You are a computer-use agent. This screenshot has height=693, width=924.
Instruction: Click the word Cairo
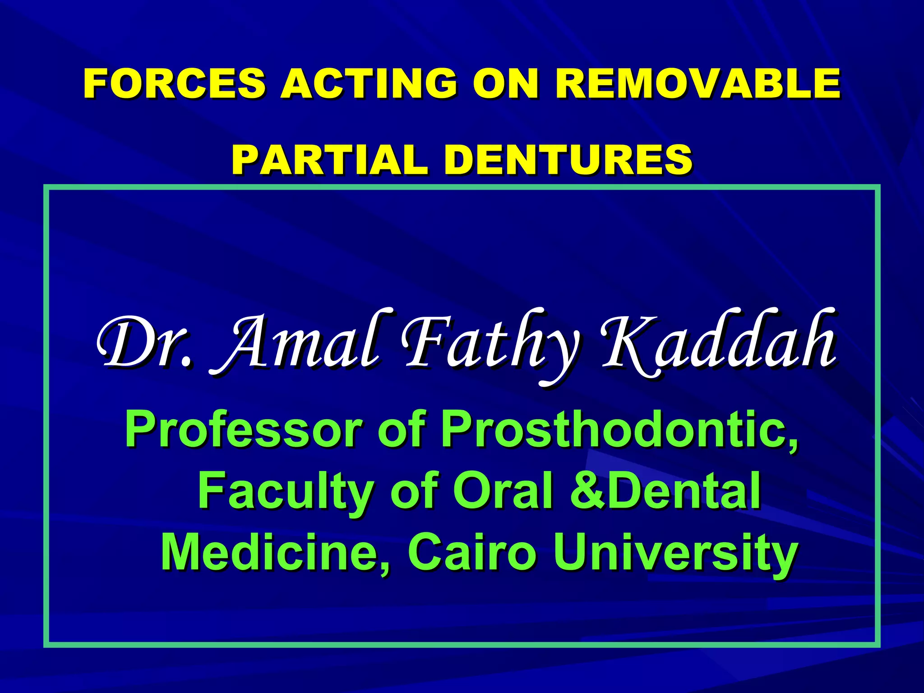(472, 551)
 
